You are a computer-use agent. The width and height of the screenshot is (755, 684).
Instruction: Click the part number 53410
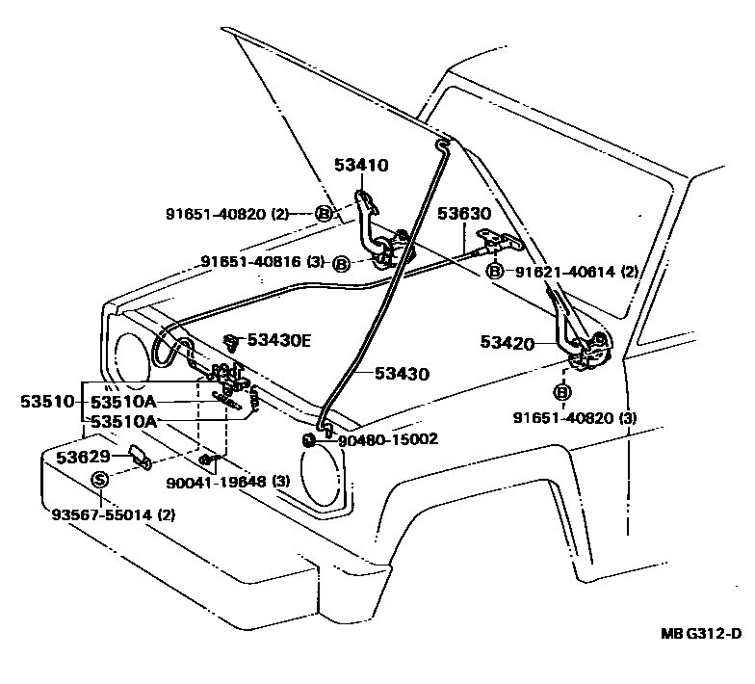pos(361,166)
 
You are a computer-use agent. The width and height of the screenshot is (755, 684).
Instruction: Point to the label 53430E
pos(279,339)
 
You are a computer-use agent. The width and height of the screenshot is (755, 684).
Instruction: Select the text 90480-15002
pos(387,439)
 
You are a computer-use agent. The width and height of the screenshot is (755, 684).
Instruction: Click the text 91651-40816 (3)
pos(263,262)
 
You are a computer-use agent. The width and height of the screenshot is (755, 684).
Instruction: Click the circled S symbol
pos(100,480)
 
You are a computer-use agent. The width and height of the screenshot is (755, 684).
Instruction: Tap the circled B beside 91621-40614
pos(495,272)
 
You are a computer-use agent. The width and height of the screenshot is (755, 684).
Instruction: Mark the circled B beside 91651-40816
pos(341,262)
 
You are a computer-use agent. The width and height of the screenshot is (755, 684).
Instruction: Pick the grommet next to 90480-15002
pos(309,440)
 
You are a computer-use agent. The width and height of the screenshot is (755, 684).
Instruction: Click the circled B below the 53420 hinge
pos(562,392)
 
